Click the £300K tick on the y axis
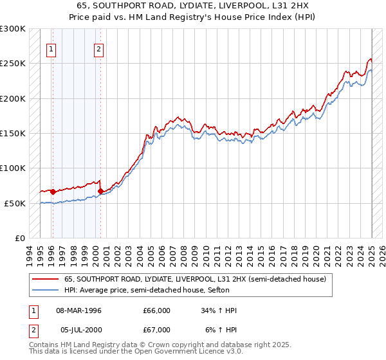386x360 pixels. tap(13, 29)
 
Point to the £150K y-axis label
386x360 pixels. tap(13, 133)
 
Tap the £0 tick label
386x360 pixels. tap(20, 238)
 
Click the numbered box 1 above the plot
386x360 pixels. tap(51, 48)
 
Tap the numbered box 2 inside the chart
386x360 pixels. tap(98, 48)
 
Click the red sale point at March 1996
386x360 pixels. tap(53, 192)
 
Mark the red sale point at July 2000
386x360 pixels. tap(100, 191)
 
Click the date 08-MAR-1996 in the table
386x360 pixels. tap(78, 310)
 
